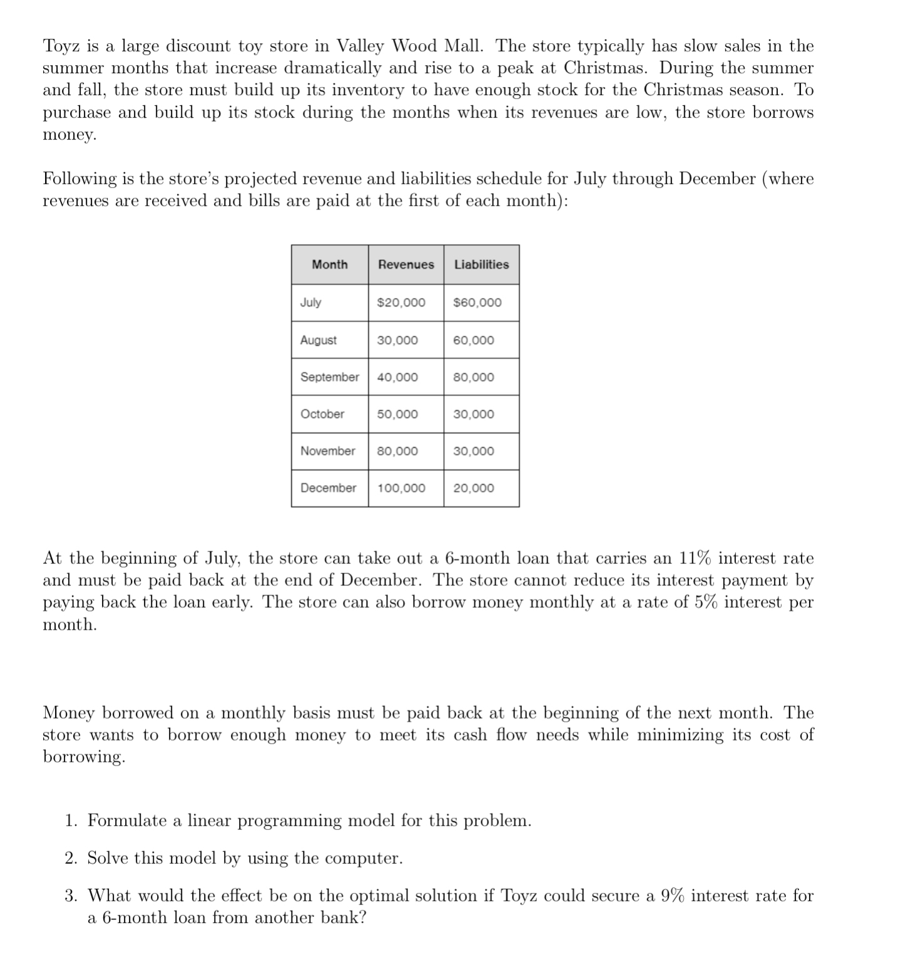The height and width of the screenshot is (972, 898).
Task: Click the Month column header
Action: (x=329, y=265)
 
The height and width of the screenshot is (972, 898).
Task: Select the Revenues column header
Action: (x=406, y=265)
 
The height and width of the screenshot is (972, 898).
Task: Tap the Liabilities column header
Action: (x=481, y=265)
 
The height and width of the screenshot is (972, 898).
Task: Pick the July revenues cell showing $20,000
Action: (x=401, y=303)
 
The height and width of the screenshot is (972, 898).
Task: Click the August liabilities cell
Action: (x=473, y=340)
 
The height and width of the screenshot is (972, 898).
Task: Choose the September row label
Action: (x=329, y=377)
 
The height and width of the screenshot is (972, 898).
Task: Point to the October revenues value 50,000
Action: (x=397, y=414)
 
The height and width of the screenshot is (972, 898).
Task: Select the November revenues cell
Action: (x=397, y=451)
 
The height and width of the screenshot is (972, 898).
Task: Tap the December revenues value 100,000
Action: (x=401, y=488)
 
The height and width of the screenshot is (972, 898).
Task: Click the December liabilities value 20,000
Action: (x=473, y=488)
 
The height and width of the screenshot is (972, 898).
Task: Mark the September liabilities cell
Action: (x=473, y=377)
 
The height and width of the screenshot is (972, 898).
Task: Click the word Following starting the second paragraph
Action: (x=79, y=179)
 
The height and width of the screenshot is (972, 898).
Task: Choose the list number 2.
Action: (x=71, y=858)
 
